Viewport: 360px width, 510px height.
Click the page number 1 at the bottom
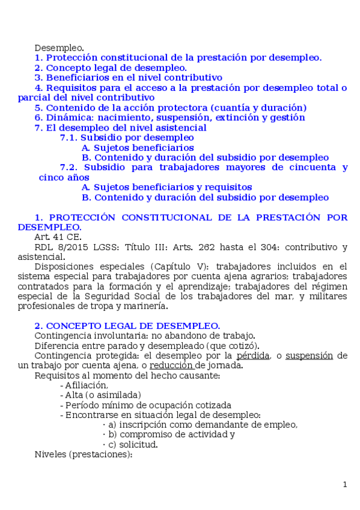coord(345,485)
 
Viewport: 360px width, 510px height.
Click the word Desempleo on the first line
coord(59,48)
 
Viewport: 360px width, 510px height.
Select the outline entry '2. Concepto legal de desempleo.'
coord(111,68)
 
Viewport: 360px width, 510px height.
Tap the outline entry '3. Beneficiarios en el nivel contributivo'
coord(129,78)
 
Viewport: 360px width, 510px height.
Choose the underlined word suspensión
coord(308,355)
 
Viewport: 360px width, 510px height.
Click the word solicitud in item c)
coord(138,444)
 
